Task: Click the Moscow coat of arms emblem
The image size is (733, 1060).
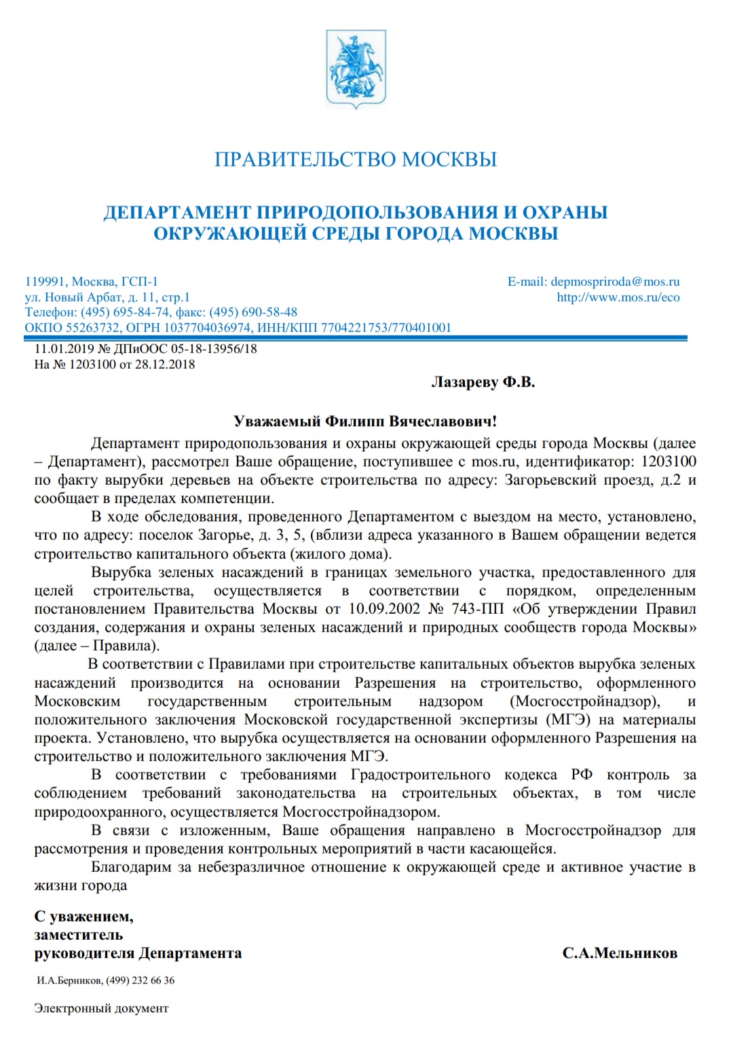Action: pyautogui.click(x=356, y=69)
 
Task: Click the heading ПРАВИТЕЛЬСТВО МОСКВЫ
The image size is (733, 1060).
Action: pyautogui.click(x=356, y=160)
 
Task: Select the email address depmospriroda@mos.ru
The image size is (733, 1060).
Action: pyautogui.click(x=615, y=282)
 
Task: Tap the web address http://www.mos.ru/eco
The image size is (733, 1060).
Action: pyautogui.click(x=618, y=297)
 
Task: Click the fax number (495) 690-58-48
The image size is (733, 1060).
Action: pyautogui.click(x=253, y=312)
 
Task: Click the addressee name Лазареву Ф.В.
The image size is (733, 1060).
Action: pyautogui.click(x=483, y=383)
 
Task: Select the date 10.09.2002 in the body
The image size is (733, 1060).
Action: pyautogui.click(x=384, y=609)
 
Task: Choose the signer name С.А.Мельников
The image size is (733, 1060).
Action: pyautogui.click(x=620, y=953)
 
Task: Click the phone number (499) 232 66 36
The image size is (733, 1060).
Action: pyautogui.click(x=140, y=981)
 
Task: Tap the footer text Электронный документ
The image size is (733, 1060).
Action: pyautogui.click(x=101, y=1008)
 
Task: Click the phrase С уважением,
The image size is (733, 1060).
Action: pyautogui.click(x=84, y=917)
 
